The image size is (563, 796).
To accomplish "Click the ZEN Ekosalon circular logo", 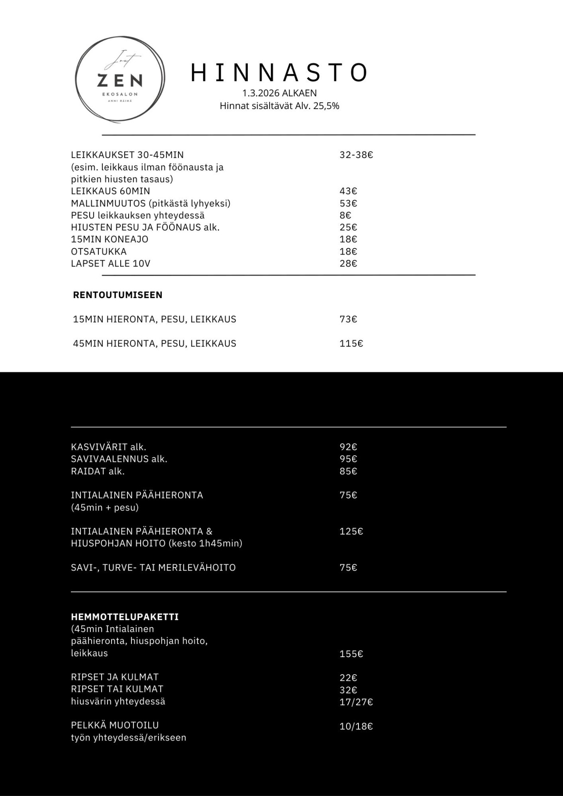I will point(119,79).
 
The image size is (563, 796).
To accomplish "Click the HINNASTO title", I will point(279,73).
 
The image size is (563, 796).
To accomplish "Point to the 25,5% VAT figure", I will point(326,106).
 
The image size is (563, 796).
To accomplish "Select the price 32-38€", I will point(356,155).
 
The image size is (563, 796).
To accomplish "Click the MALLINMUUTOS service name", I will point(108,203).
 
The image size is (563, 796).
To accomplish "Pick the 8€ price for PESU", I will point(345,215).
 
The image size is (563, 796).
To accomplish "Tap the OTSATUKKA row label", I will point(99,251).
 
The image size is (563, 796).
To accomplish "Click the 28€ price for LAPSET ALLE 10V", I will point(348,263).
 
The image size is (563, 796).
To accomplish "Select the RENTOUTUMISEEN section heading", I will point(117,295).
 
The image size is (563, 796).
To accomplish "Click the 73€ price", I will point(348,319).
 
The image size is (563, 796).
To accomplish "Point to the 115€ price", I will point(351,343).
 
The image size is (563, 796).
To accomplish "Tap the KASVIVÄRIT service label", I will point(99,447).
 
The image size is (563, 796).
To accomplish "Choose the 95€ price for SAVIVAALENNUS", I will point(348,459).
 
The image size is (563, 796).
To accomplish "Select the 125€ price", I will point(351,531).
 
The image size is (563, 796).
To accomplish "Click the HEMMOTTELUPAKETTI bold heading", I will point(124,616).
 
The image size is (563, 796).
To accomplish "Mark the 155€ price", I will point(351,654).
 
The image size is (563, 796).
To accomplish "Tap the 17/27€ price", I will point(356,702).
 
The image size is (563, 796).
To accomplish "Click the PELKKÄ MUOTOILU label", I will point(115,725).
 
